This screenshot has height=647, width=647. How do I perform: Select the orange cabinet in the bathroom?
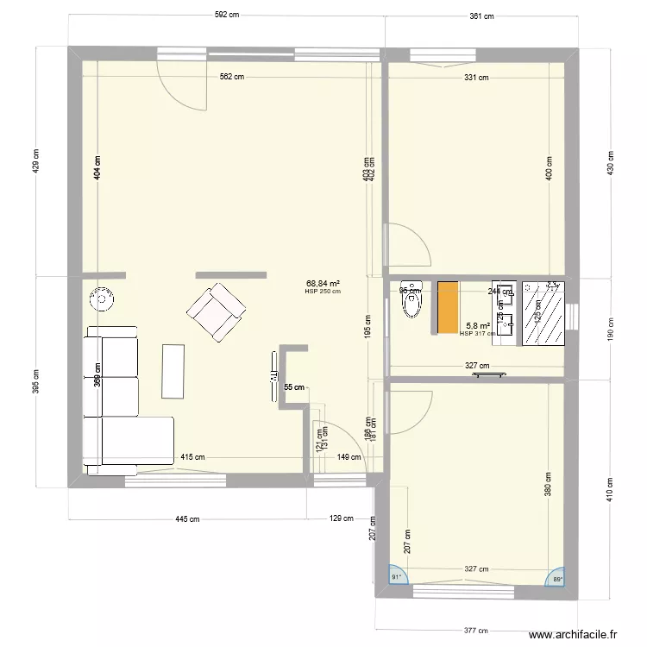click(x=448, y=306)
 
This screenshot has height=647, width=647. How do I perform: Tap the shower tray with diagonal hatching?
click(x=543, y=311)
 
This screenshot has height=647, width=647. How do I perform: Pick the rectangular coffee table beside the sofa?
click(x=173, y=371)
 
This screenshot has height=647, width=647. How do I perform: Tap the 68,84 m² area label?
click(x=323, y=283)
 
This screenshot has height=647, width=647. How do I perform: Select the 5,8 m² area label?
click(x=479, y=326)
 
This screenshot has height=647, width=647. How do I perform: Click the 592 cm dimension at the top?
click(x=227, y=15)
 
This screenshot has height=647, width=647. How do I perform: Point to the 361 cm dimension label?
click(x=481, y=16)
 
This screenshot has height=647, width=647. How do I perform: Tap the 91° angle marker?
click(x=397, y=577)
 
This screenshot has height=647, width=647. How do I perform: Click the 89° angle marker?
click(x=556, y=578)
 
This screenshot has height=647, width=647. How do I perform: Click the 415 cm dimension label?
click(x=192, y=458)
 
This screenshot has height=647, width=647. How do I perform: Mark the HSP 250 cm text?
click(x=323, y=292)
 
